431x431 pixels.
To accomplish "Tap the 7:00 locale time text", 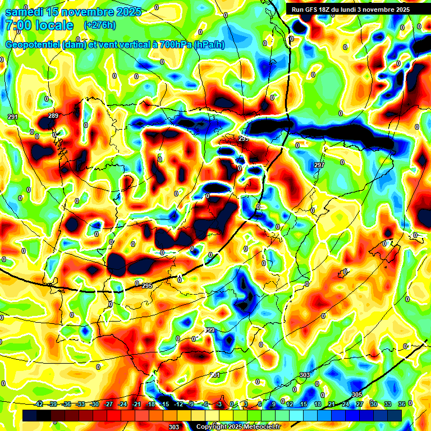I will point(39,25).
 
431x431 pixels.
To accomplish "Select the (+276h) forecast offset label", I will point(99,25).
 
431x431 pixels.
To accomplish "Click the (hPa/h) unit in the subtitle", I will point(209,44).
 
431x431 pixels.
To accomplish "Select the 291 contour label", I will point(13,117).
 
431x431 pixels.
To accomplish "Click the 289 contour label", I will point(53,116).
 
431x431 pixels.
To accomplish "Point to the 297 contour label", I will point(319,165).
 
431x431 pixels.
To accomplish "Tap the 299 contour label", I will point(209,330).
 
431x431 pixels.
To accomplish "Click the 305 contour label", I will point(357,395).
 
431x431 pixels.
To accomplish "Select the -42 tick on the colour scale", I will point(39,404).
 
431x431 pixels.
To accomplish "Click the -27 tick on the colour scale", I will point(109,404).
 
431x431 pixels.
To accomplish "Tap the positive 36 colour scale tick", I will point(401,404).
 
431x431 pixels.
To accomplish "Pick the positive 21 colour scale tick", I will point(332,404).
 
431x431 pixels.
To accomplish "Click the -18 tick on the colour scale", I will point(150,404).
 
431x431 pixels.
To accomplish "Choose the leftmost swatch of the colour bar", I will point(30,415).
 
